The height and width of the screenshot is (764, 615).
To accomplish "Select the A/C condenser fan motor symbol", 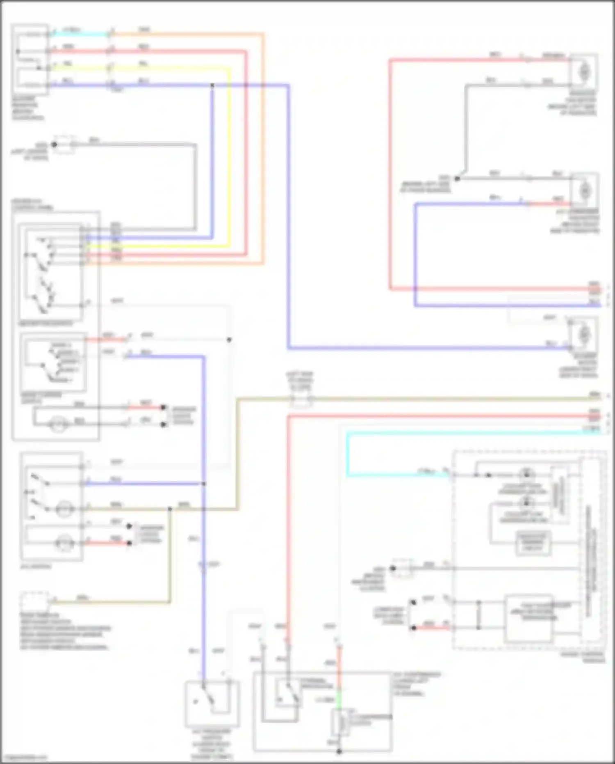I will point(585,191).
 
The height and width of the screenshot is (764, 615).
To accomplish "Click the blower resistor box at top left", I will point(30,60).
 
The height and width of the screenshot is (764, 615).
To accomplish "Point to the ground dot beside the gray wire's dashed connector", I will point(54,145).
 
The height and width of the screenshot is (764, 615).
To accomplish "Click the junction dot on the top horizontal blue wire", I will point(212,85).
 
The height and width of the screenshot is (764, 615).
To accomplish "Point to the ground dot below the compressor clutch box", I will point(339,752).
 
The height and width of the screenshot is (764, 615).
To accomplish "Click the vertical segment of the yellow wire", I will point(229,158).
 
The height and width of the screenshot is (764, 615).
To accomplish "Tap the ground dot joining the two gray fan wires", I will point(457,179).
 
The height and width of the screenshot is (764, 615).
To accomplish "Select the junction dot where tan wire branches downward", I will point(170,509).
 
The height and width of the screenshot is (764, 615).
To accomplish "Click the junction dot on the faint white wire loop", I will point(229,340).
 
